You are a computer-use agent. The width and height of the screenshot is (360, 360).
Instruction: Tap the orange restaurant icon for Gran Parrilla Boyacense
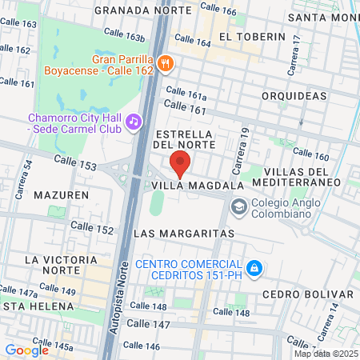point(166,64)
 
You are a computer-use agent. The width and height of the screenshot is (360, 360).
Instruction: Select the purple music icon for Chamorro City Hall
point(133,122)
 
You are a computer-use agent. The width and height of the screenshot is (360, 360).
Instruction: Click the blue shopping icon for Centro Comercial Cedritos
point(254,266)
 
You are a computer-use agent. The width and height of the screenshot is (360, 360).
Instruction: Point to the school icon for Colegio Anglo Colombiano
point(238,207)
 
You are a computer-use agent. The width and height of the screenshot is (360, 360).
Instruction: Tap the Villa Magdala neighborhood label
point(197,185)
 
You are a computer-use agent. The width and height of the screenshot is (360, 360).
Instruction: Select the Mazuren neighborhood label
point(61,194)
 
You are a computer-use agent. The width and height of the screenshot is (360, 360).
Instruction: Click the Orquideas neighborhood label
point(294,95)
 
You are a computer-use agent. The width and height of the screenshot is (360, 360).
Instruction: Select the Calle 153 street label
point(75,162)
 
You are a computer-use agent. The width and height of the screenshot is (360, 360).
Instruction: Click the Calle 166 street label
point(218,10)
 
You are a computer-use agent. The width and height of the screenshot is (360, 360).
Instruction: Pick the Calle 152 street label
point(94,229)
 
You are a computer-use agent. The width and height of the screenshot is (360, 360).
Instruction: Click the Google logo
point(26,350)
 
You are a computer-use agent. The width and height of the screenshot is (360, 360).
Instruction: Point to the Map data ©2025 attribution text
point(326,354)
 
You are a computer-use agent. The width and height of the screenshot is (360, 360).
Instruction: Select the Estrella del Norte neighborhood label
point(185,138)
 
